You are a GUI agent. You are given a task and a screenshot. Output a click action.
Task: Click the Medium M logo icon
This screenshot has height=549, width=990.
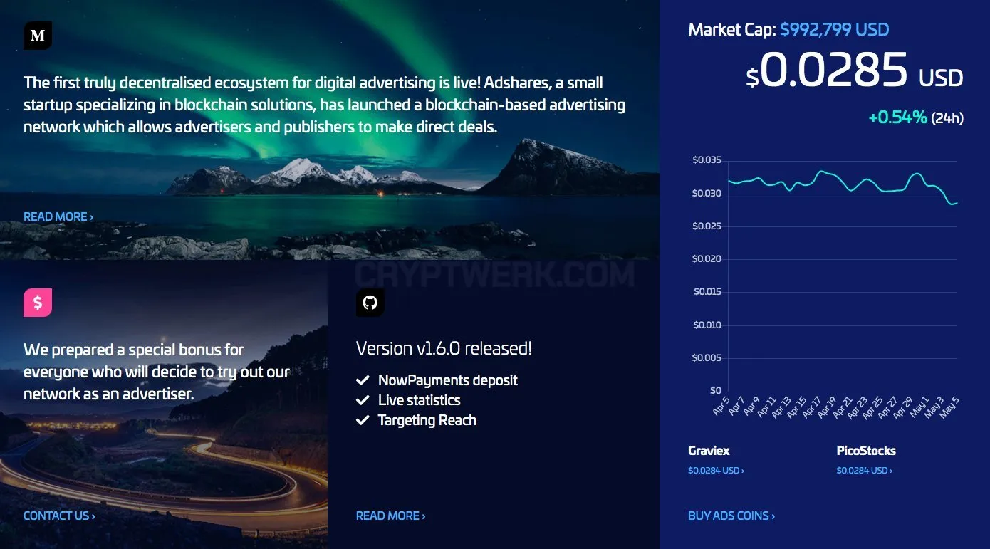38,36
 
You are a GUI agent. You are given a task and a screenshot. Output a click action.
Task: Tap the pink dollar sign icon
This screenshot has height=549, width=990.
38,303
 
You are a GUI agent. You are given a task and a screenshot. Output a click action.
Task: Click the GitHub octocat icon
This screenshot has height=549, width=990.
370,303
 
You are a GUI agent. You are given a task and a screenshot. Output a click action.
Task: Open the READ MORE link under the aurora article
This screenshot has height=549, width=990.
58,216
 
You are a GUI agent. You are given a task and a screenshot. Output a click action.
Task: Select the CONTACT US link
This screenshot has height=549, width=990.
59,516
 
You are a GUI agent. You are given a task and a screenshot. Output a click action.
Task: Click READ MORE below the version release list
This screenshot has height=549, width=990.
391,516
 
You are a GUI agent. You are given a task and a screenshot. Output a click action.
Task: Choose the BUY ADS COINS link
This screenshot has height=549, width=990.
731,516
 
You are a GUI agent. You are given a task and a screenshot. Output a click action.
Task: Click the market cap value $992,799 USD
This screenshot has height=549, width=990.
835,30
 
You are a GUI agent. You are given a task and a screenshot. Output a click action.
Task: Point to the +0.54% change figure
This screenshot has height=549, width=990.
897,117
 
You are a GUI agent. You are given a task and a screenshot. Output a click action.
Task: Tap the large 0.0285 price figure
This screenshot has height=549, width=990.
833,69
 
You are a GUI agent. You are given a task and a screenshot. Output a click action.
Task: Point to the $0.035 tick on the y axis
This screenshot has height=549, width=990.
707,160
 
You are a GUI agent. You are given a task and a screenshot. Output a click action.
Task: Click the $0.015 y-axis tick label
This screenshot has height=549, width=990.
707,291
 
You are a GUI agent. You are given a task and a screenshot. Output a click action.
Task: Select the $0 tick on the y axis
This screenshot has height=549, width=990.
716,390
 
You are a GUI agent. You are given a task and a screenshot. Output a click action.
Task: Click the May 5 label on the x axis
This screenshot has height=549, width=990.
949,407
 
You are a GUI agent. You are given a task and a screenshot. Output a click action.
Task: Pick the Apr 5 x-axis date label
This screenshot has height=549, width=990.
721,406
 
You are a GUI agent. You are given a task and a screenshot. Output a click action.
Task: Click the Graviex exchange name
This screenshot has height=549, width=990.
709,451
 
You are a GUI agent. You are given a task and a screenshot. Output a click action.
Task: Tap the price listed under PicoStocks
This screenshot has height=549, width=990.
864,471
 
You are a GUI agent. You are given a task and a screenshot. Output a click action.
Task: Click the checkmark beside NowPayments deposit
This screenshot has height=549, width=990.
363,380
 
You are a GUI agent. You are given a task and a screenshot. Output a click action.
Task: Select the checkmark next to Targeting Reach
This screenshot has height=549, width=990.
363,420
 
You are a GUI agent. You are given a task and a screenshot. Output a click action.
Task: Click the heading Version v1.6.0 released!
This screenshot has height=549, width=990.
444,348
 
